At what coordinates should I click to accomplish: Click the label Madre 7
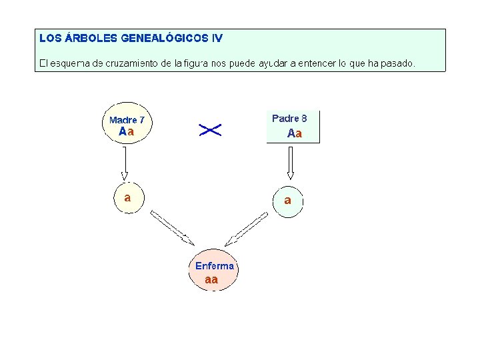pyautogui.click(x=127, y=120)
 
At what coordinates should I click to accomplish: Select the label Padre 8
pyautogui.click(x=289, y=118)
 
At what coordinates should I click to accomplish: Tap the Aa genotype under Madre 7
pyautogui.click(x=127, y=132)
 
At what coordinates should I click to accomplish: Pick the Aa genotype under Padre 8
pyautogui.click(x=295, y=133)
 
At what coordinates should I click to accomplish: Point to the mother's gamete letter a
pyautogui.click(x=127, y=197)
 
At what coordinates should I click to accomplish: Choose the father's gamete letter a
pyautogui.click(x=288, y=199)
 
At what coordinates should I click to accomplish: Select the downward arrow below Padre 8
pyautogui.click(x=290, y=163)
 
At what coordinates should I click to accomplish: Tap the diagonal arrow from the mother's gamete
pyautogui.click(x=171, y=227)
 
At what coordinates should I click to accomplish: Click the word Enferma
pyautogui.click(x=215, y=266)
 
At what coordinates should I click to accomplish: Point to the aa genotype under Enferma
pyautogui.click(x=211, y=279)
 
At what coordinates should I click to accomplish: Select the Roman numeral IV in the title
pyautogui.click(x=217, y=39)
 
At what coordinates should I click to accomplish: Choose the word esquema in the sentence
pyautogui.click(x=69, y=64)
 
